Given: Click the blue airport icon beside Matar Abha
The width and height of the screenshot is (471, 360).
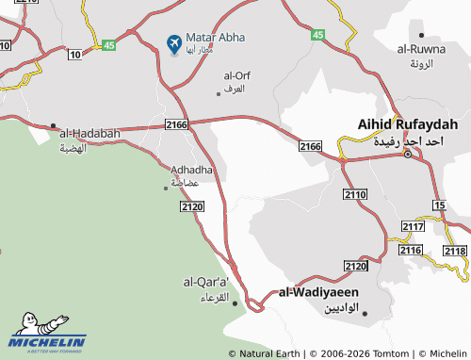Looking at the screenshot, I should pos(174,43).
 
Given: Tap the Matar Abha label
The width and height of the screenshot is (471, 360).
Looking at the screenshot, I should pos(216,37).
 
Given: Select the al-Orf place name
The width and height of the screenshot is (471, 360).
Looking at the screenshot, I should pos(236,74).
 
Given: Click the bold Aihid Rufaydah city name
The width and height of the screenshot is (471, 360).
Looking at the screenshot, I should pos(408,124).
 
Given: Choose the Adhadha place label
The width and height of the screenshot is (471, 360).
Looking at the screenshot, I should pos(191,170).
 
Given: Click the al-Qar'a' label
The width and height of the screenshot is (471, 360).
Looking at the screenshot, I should pos(206,281).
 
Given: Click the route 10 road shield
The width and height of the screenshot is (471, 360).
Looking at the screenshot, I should pos(74,55).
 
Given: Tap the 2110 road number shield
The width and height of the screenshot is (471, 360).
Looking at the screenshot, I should pos(355,194).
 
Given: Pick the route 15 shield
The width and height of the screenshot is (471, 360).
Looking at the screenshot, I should pos(439,205).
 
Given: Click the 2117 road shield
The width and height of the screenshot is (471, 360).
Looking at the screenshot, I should pos(413,227).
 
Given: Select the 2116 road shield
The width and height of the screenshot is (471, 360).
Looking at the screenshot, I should pos(410,250).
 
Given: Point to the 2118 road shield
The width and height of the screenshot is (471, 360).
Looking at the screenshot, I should pos(454,251).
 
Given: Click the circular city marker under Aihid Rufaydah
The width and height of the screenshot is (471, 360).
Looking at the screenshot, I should pos(407,154).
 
